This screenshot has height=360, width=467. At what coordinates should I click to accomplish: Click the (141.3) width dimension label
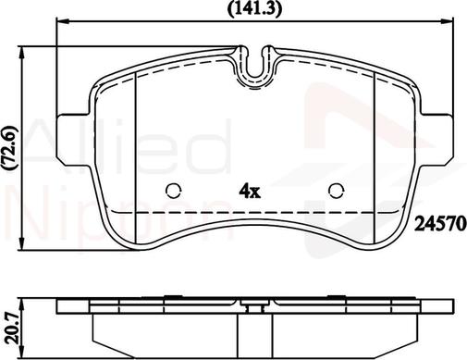(254, 8)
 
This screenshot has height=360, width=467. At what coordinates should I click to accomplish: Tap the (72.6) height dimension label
(10, 149)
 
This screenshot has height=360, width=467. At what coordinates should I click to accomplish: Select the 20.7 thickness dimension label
(12, 329)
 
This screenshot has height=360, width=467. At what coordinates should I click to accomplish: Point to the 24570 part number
(439, 225)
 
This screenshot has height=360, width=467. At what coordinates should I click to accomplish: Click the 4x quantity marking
(250, 192)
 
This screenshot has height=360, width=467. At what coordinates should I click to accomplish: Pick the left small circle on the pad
(173, 191)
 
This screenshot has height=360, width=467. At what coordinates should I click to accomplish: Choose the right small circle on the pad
(337, 191)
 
